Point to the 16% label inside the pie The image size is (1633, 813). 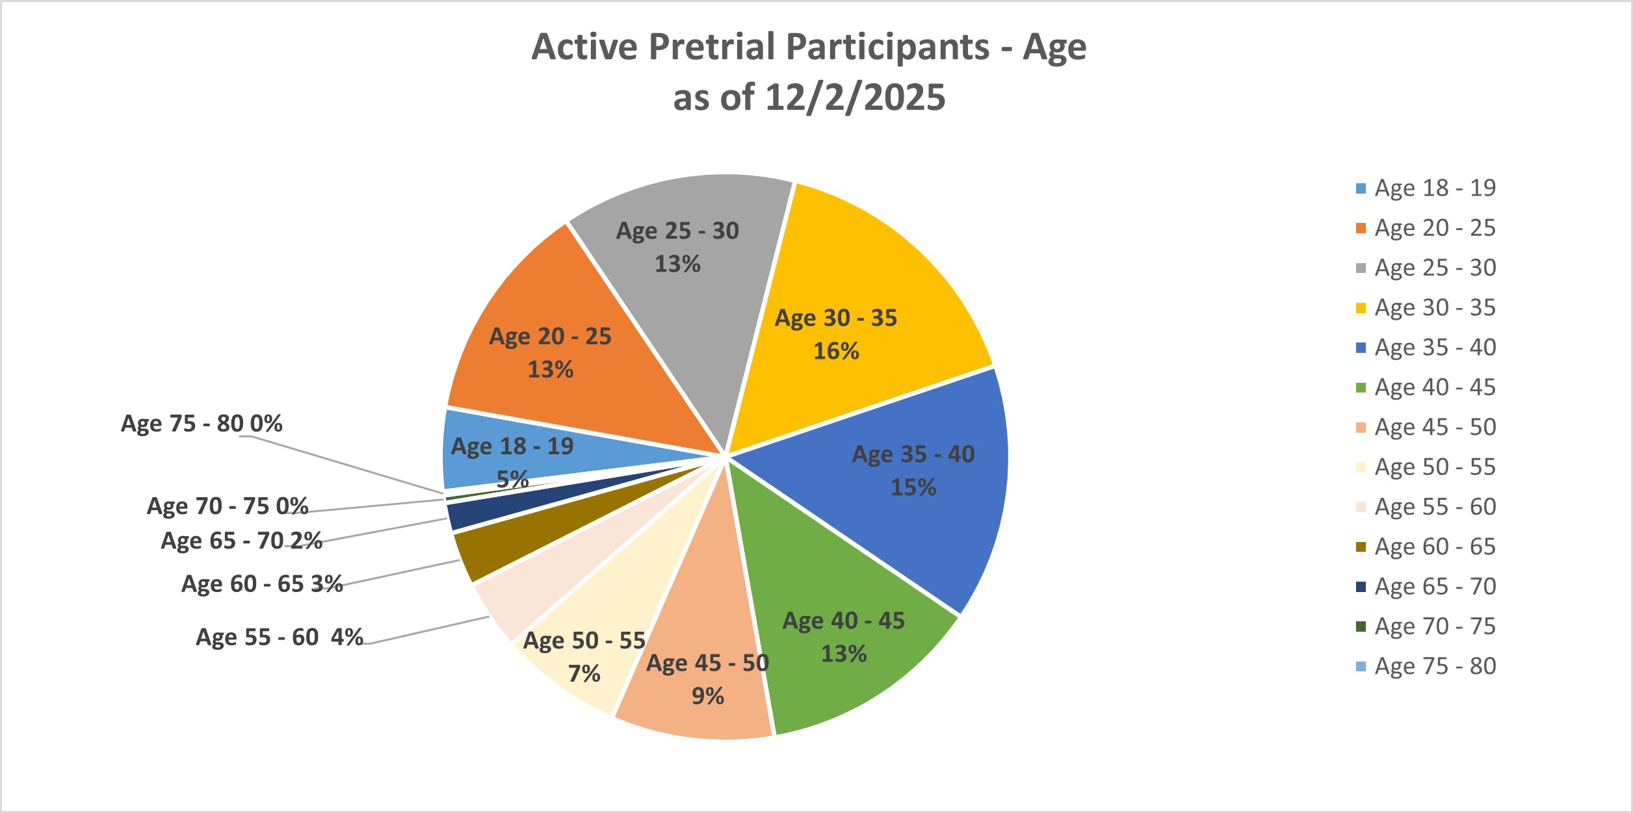836,352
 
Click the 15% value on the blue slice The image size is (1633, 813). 913,487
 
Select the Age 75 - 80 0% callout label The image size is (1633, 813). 202,424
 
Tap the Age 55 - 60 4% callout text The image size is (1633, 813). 280,638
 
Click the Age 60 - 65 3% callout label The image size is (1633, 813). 262,584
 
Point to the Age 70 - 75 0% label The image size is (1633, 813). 228,506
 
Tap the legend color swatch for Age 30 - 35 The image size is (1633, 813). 1361,308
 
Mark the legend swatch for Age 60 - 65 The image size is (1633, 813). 1361,547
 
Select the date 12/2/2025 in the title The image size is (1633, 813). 854,97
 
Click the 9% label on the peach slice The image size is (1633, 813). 707,697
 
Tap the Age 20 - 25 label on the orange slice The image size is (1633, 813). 550,337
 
